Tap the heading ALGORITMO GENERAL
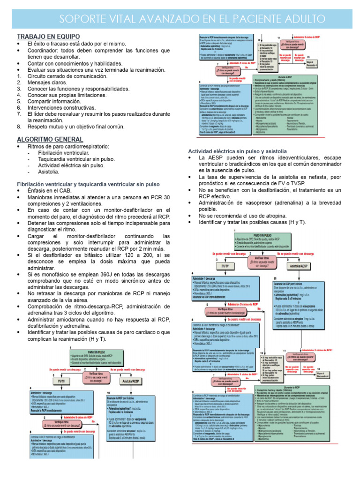point(50,139)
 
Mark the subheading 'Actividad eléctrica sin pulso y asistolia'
point(237,151)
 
